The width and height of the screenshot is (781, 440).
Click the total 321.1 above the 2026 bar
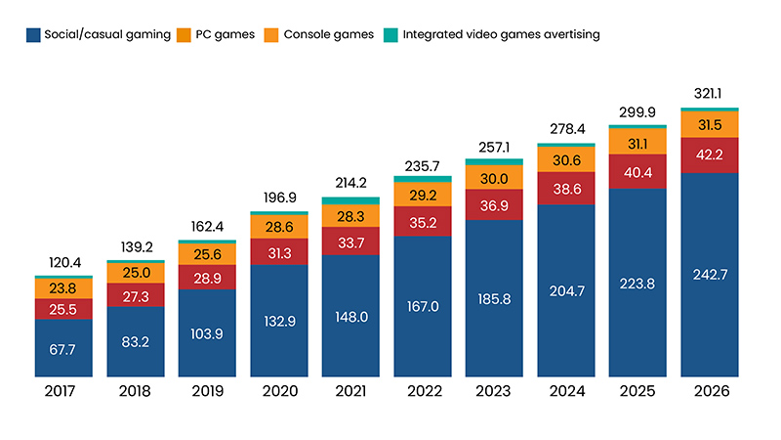pyautogui.click(x=710, y=96)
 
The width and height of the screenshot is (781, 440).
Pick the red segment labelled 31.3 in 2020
pyautogui.click(x=278, y=252)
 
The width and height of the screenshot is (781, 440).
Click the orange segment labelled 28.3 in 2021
pyautogui.click(x=350, y=216)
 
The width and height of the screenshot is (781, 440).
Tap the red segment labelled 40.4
pyautogui.click(x=637, y=170)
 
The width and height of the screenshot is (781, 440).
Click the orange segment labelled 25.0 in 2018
pyautogui.click(x=135, y=272)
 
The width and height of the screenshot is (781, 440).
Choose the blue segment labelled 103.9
pyautogui.click(x=207, y=332)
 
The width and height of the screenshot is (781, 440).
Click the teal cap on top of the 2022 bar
pyautogui.click(x=422, y=179)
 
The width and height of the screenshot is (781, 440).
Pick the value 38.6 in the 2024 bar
pyautogui.click(x=566, y=185)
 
